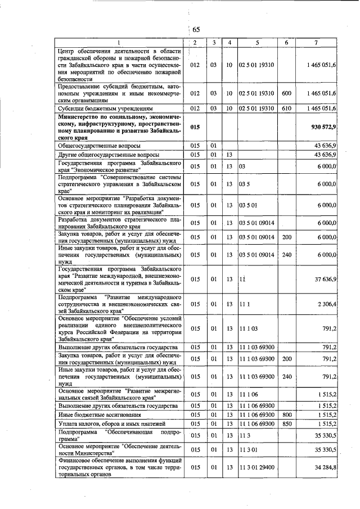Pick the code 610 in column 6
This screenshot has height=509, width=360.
[x=286, y=107]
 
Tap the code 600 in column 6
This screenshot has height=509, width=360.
[x=286, y=93]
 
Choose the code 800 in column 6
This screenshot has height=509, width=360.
[x=286, y=415]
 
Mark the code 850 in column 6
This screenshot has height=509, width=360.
[x=286, y=423]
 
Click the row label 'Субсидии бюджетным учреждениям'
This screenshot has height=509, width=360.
[x=99, y=107]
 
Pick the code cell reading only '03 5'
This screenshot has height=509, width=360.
[x=244, y=183]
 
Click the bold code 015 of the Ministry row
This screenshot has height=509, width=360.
[x=195, y=128]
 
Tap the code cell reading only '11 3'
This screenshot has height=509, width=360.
[x=245, y=435]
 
